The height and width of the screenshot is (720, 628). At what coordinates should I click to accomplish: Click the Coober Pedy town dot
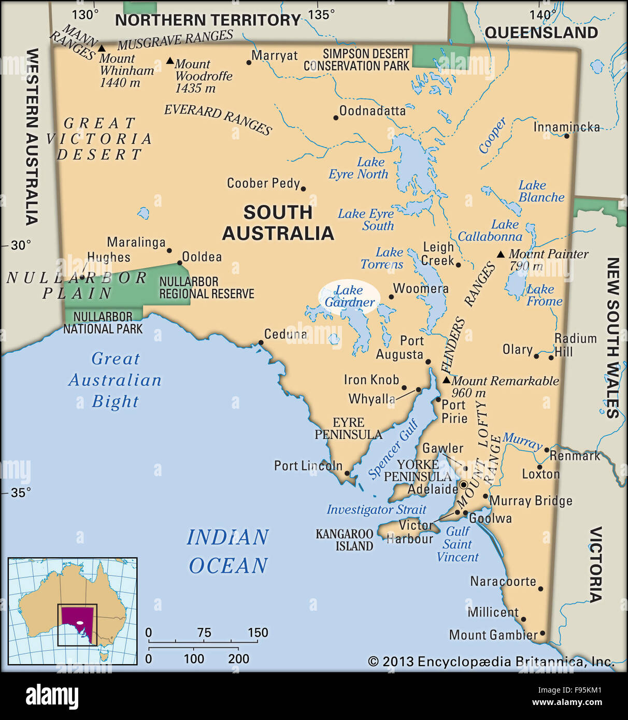point(303,189)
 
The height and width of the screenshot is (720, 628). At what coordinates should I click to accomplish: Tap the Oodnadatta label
point(373,111)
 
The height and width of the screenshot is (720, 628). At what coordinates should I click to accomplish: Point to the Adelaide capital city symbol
point(464,485)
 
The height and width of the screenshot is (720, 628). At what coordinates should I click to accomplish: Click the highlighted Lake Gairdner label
point(349,296)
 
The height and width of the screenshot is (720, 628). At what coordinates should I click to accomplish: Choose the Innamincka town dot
point(566,136)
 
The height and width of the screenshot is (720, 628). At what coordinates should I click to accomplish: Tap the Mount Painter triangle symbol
point(501,254)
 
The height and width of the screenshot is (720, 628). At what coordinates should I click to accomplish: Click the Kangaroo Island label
point(345,540)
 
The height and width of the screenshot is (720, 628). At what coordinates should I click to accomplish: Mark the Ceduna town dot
point(261,342)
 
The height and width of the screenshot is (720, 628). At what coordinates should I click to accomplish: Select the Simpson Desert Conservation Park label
point(356,60)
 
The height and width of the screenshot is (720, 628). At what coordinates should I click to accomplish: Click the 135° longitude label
point(321,15)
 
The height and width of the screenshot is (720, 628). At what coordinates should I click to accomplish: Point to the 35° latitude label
point(21,492)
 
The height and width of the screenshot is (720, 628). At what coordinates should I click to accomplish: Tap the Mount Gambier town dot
point(543,633)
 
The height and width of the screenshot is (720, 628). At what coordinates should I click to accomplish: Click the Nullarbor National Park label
point(103,323)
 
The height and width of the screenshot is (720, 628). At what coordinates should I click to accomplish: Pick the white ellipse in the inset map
point(80,623)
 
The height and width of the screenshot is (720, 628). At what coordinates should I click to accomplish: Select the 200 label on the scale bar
point(238,659)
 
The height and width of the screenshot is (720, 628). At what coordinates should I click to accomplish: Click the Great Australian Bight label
point(115,380)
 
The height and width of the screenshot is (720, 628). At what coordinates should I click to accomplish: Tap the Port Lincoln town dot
point(347,473)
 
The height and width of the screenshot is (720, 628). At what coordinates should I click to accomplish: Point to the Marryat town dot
point(249,63)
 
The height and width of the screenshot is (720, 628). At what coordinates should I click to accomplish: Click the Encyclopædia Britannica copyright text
point(491,661)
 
